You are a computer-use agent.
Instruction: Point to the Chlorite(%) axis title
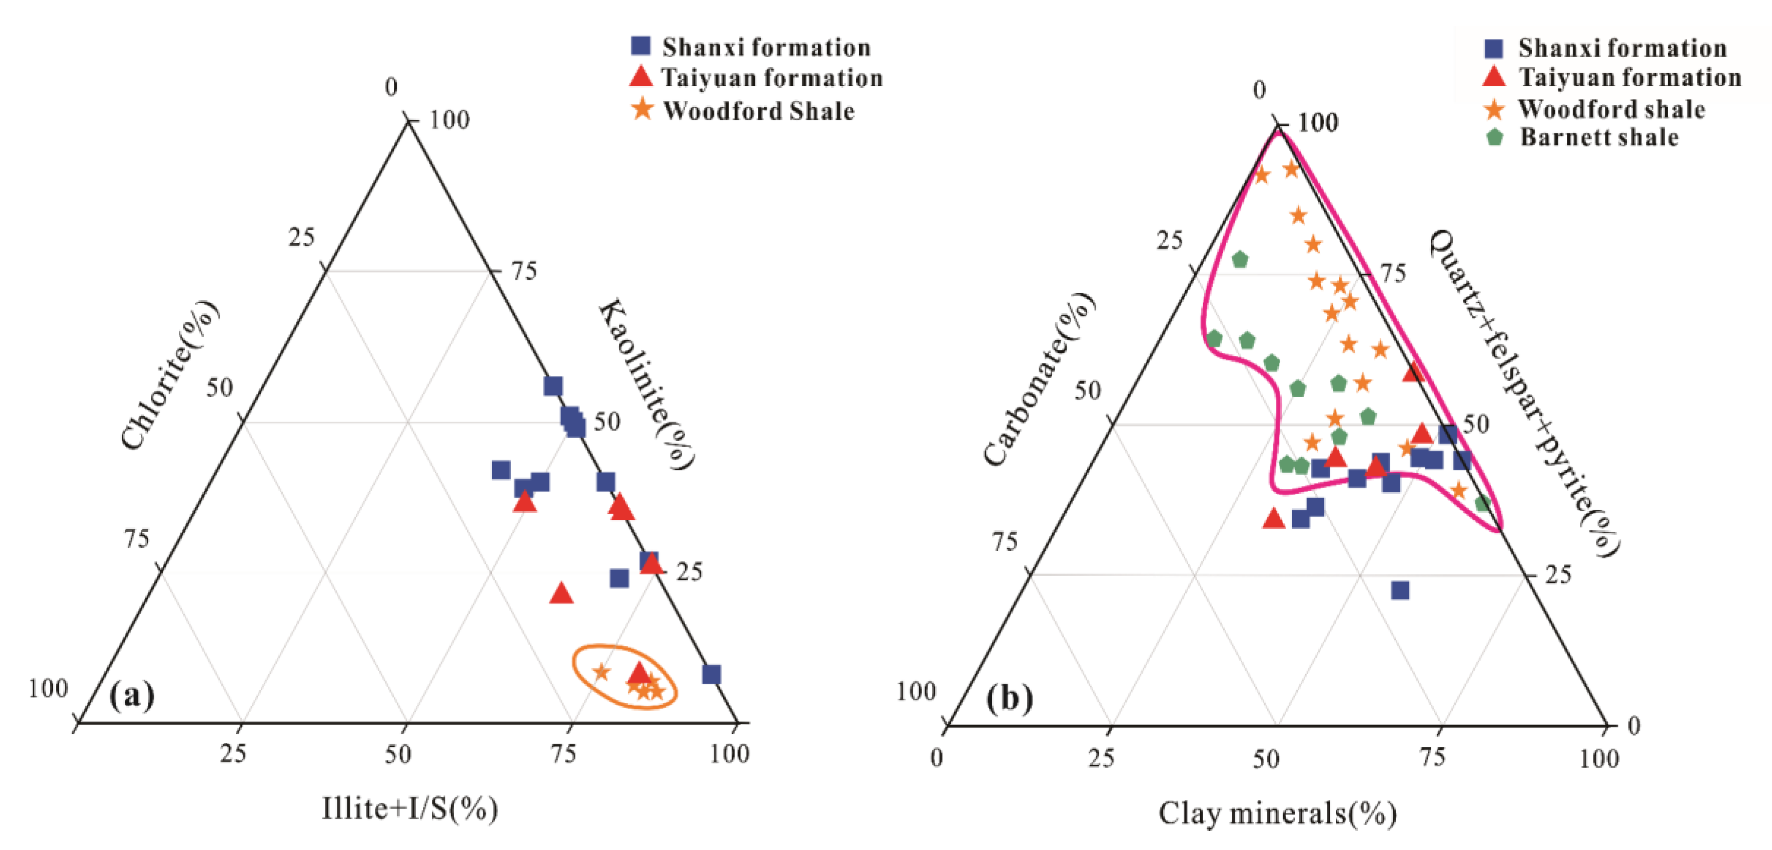click(169, 375)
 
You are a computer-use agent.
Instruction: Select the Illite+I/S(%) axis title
click(410, 809)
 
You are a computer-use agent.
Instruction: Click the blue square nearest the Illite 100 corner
click(711, 674)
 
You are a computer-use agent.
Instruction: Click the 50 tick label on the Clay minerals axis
click(1266, 758)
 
